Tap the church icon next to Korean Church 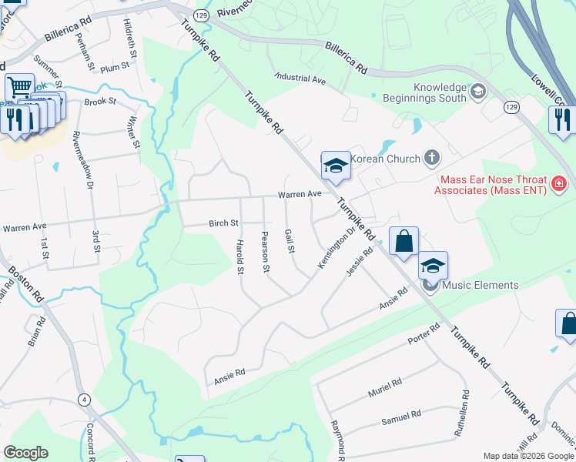click(431, 159)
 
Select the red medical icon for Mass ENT click(558, 185)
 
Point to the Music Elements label click(479, 286)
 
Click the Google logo click(25, 452)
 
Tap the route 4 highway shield click(83, 400)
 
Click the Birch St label click(223, 223)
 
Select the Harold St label click(239, 256)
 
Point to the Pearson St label click(266, 251)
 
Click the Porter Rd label click(424, 333)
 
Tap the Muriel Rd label click(385, 387)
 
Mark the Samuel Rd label click(401, 419)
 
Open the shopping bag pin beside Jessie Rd click(403, 242)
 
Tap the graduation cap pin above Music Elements click(433, 265)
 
